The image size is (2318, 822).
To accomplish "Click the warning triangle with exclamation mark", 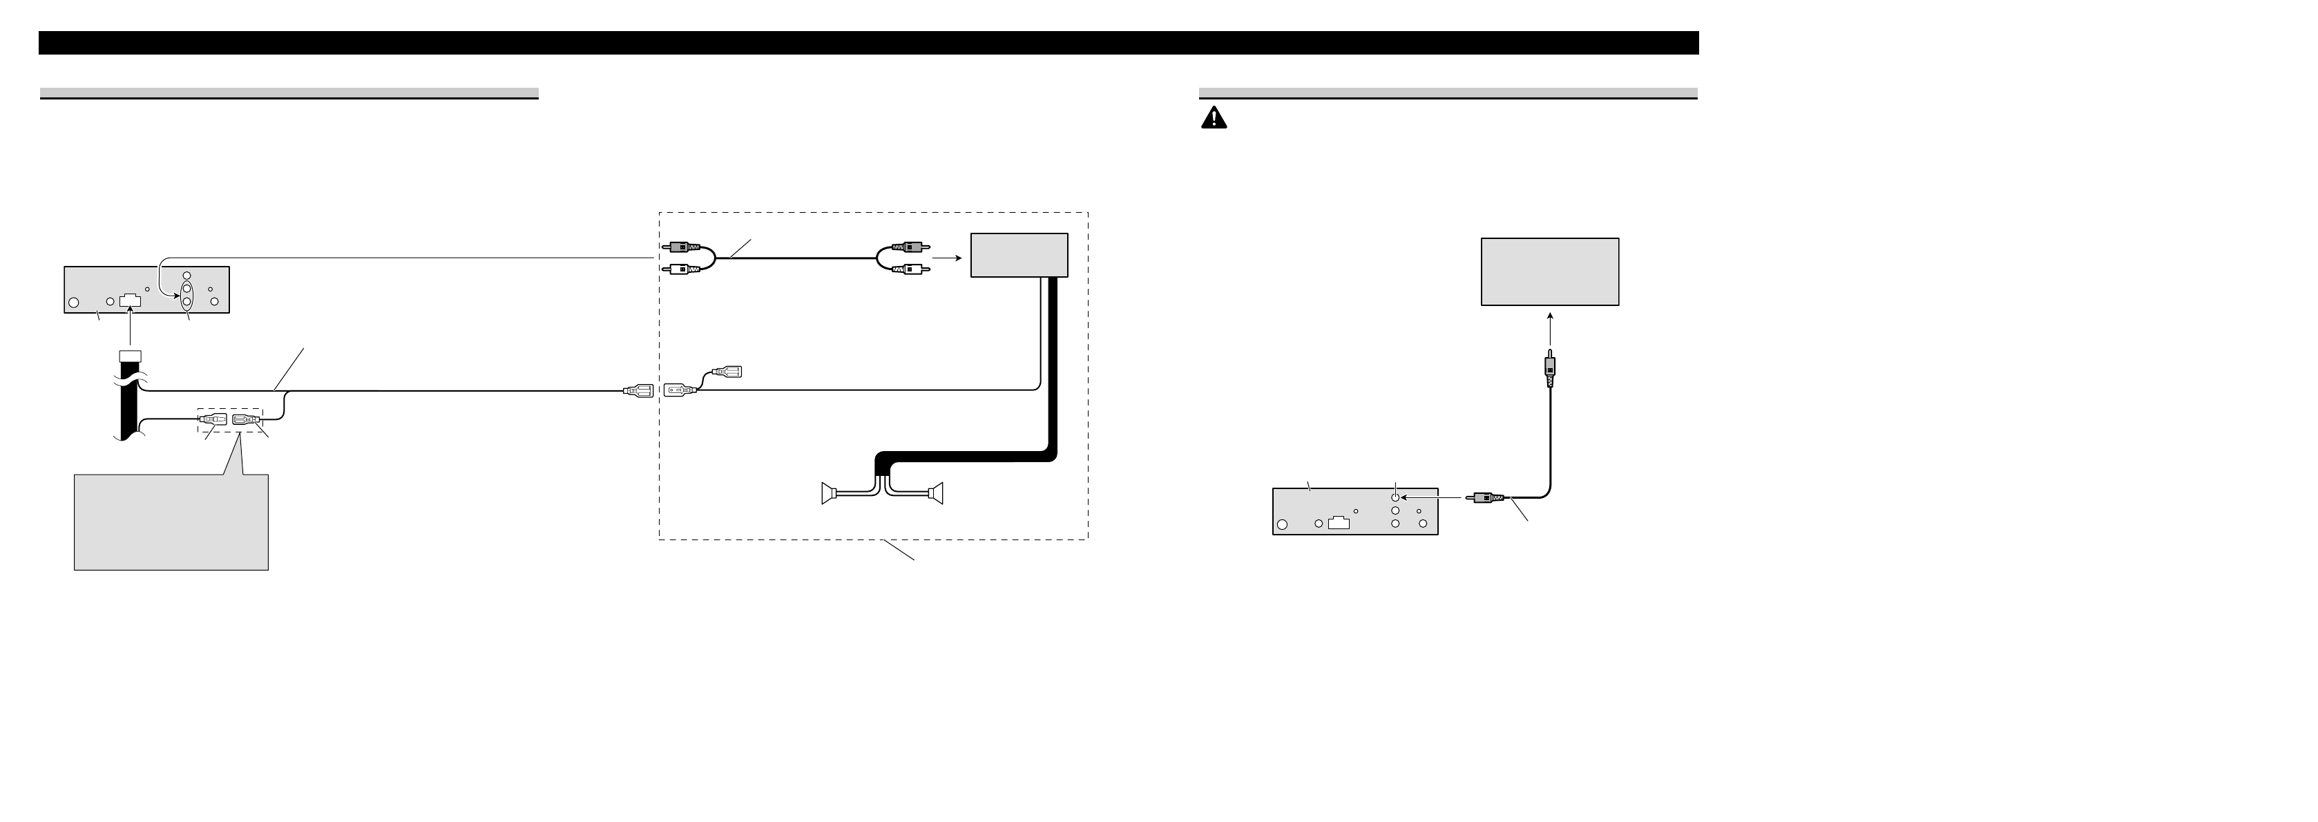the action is (x=1213, y=118).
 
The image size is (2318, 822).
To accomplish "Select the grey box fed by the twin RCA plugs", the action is (x=1019, y=255).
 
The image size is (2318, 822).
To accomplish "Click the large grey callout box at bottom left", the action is (x=171, y=522).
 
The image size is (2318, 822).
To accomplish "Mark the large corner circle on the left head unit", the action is (x=75, y=303).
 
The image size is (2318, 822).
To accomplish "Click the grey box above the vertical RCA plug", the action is (x=1549, y=272).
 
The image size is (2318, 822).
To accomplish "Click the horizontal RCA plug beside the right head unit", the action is (x=1485, y=496).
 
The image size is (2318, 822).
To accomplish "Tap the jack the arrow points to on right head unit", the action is (x=1395, y=496).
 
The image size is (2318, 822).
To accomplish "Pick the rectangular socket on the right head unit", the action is (x=1338, y=523).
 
